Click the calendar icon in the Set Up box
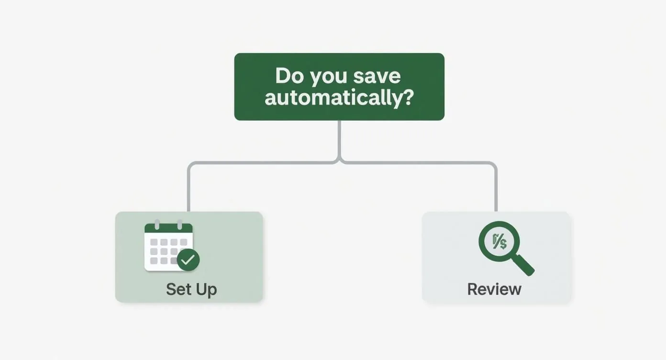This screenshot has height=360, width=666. (x=168, y=247)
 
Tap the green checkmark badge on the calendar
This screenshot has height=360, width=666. (x=188, y=260)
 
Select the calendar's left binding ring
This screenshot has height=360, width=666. (x=157, y=224)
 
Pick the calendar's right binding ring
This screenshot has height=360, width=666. (x=180, y=224)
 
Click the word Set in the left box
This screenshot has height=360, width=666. (x=178, y=289)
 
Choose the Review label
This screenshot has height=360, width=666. (x=494, y=289)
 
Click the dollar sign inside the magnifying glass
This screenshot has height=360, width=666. (x=502, y=243)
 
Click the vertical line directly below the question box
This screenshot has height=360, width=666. (x=339, y=139)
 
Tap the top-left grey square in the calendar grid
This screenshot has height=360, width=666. (x=154, y=242)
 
